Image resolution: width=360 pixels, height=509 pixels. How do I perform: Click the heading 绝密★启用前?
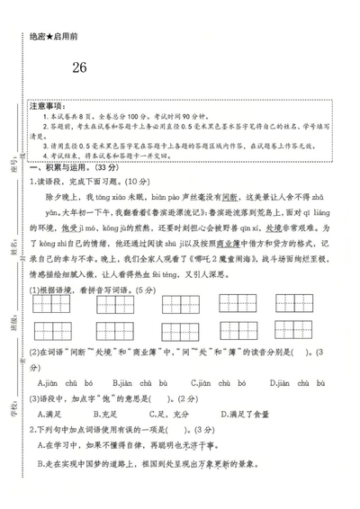[x=54, y=35]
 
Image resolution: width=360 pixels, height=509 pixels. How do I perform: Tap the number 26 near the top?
[x=79, y=67]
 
